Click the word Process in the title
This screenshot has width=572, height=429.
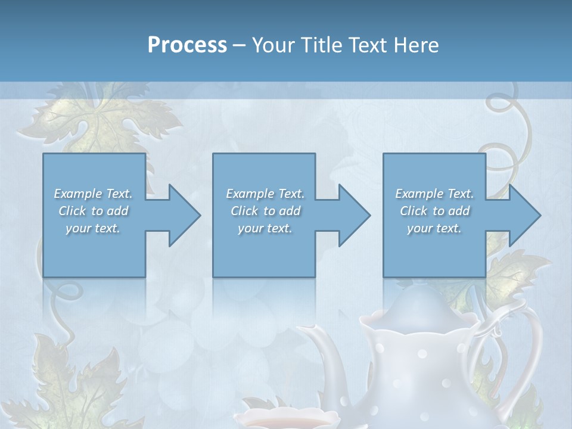[187, 45]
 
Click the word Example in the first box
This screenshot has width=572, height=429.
[78, 194]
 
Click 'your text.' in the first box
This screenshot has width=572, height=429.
[93, 228]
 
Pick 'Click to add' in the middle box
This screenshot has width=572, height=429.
[265, 211]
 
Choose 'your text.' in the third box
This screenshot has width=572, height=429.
[434, 228]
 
